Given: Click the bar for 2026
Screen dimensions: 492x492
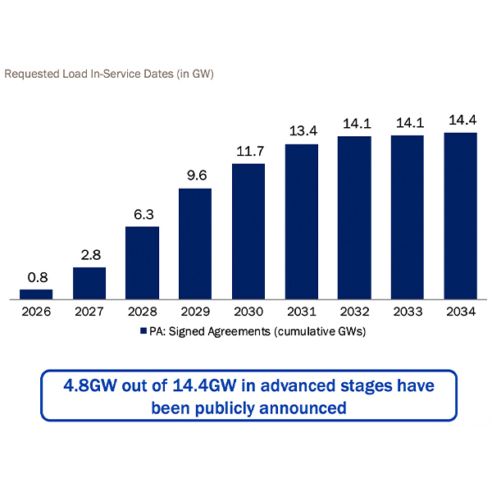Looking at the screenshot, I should (36, 294).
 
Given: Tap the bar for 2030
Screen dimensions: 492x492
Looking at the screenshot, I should (248, 231).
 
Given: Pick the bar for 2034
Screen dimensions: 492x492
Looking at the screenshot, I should (460, 216).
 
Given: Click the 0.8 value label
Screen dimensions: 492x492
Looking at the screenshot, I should (37, 277).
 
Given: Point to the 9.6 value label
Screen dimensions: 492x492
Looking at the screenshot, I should (195, 175).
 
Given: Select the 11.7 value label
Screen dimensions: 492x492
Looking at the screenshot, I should (248, 151).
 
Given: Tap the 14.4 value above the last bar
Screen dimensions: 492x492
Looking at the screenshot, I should (460, 120).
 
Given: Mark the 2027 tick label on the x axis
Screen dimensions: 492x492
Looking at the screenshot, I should (89, 312).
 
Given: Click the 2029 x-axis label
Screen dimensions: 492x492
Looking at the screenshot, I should (195, 312).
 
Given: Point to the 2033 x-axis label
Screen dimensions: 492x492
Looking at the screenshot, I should (408, 312).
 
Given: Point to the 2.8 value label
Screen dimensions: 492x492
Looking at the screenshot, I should (89, 254).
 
